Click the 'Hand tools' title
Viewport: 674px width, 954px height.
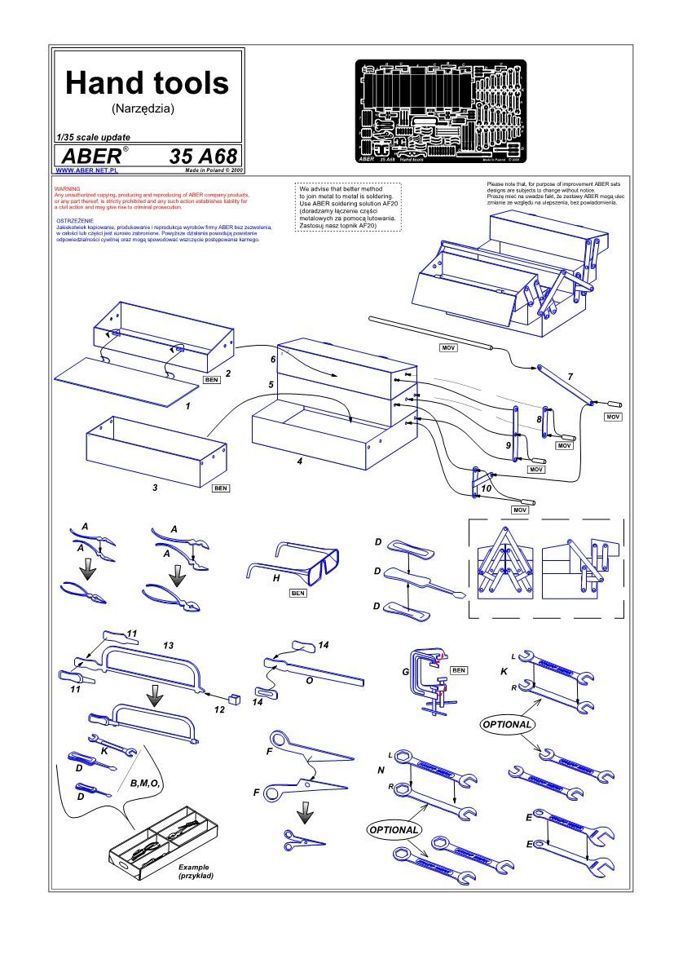click(148, 82)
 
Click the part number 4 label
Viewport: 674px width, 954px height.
click(300, 462)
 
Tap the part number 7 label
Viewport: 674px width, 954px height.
click(570, 376)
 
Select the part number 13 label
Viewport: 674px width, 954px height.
click(169, 646)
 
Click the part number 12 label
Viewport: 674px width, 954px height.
click(218, 710)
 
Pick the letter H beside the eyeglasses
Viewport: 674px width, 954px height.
click(276, 576)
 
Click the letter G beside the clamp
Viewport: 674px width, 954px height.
click(405, 673)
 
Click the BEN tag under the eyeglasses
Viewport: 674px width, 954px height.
click(297, 594)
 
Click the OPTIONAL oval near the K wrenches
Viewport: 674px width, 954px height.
click(507, 724)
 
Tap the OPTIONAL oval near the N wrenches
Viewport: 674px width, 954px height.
click(394, 829)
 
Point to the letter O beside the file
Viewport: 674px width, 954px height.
click(309, 678)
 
